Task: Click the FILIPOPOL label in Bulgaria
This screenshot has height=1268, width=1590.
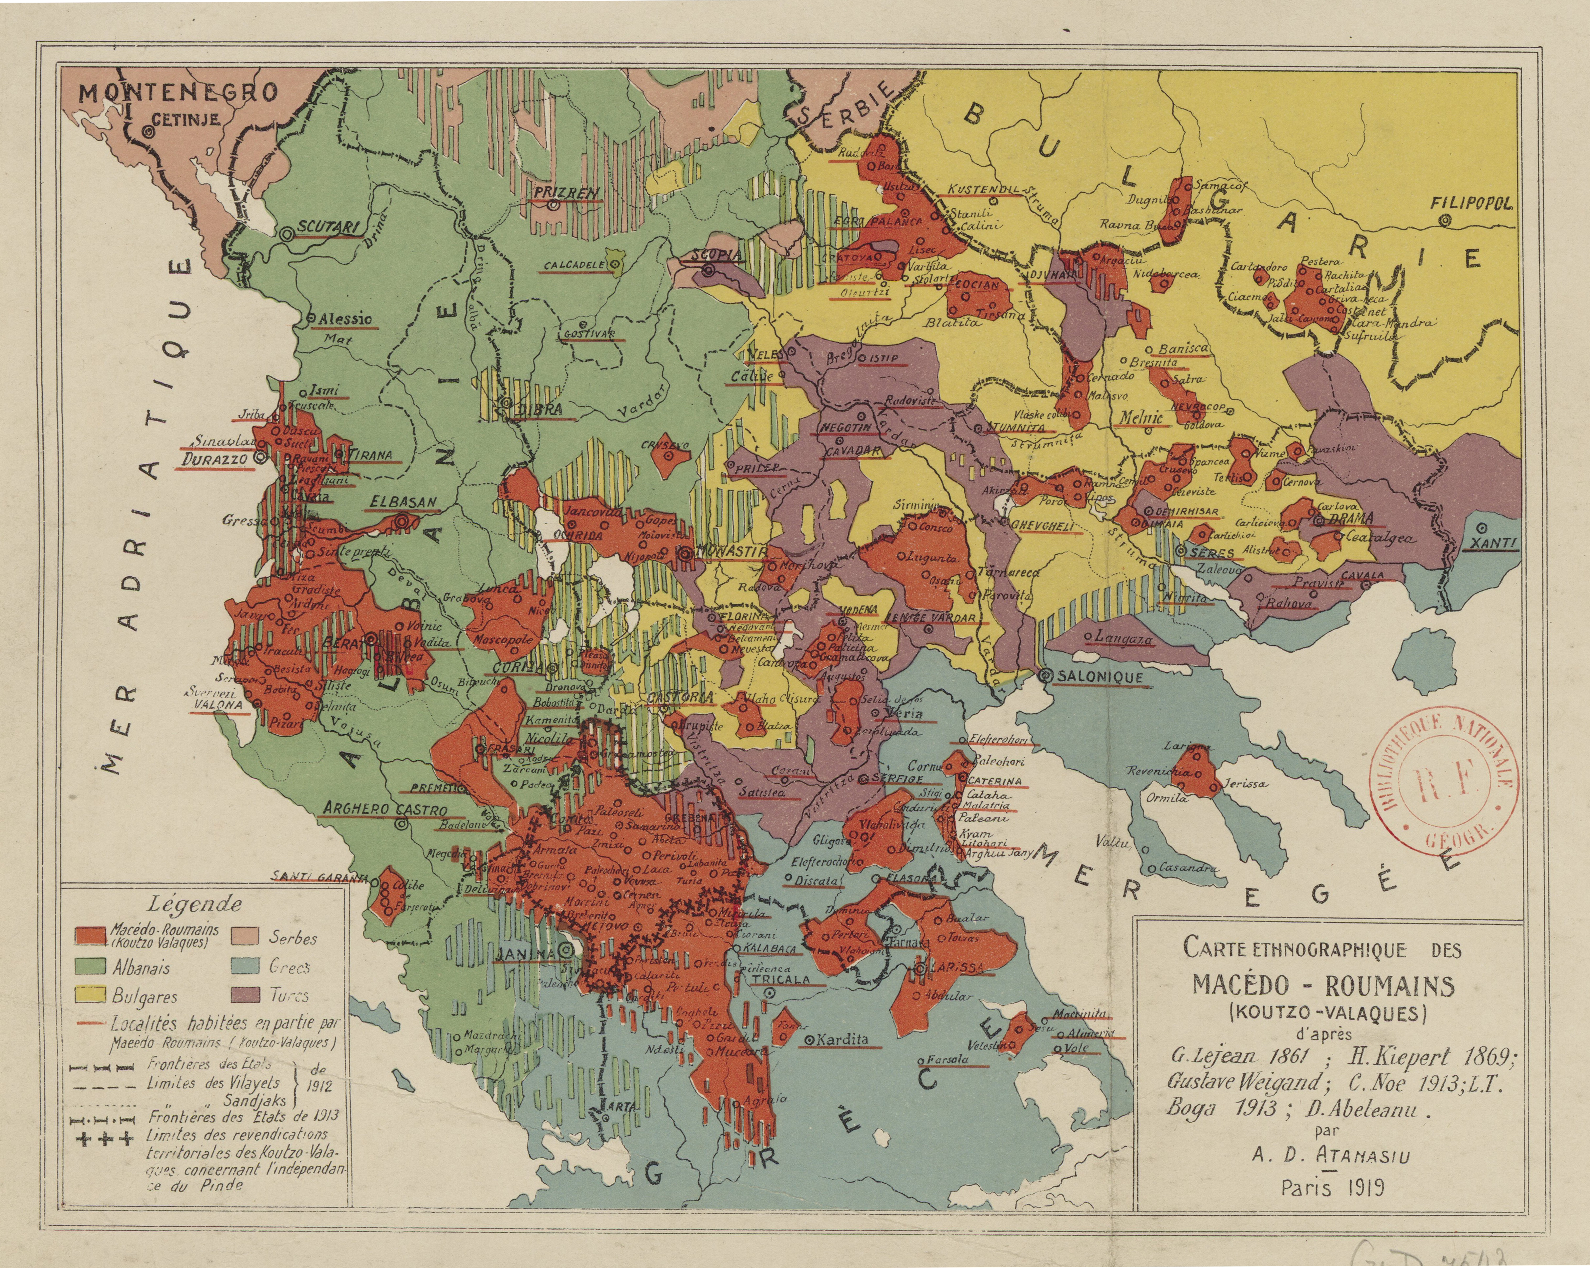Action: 1471,203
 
